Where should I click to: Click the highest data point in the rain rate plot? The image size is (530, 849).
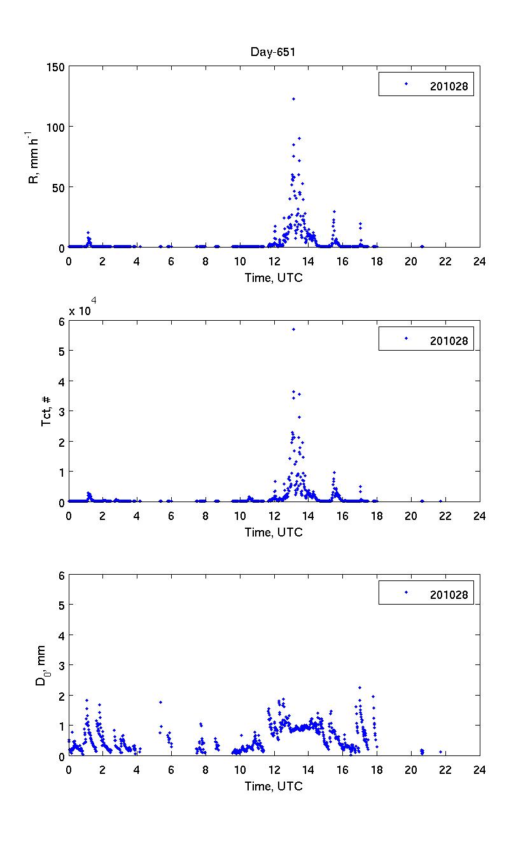[293, 99]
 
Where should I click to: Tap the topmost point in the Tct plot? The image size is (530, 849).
[293, 329]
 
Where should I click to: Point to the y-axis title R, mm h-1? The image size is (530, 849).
[34, 157]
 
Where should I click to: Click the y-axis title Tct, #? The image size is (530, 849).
[46, 411]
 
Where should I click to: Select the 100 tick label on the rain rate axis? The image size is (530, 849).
[55, 127]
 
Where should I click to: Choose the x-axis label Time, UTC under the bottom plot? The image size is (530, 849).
[274, 786]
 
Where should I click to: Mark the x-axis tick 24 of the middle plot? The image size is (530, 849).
[480, 516]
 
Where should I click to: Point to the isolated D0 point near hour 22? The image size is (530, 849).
[440, 752]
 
